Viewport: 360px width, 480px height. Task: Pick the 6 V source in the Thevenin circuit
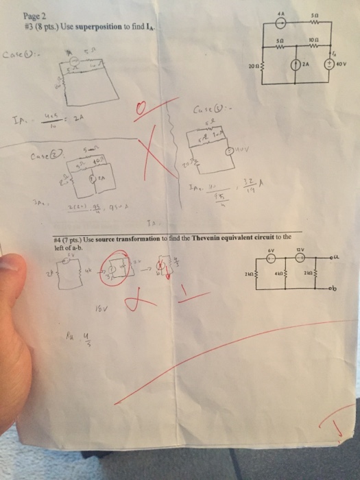pos(271,259)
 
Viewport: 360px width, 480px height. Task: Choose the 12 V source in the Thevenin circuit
pos(299,259)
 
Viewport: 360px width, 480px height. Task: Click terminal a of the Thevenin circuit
pos(350,258)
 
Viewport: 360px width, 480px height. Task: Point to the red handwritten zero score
pos(142,110)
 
